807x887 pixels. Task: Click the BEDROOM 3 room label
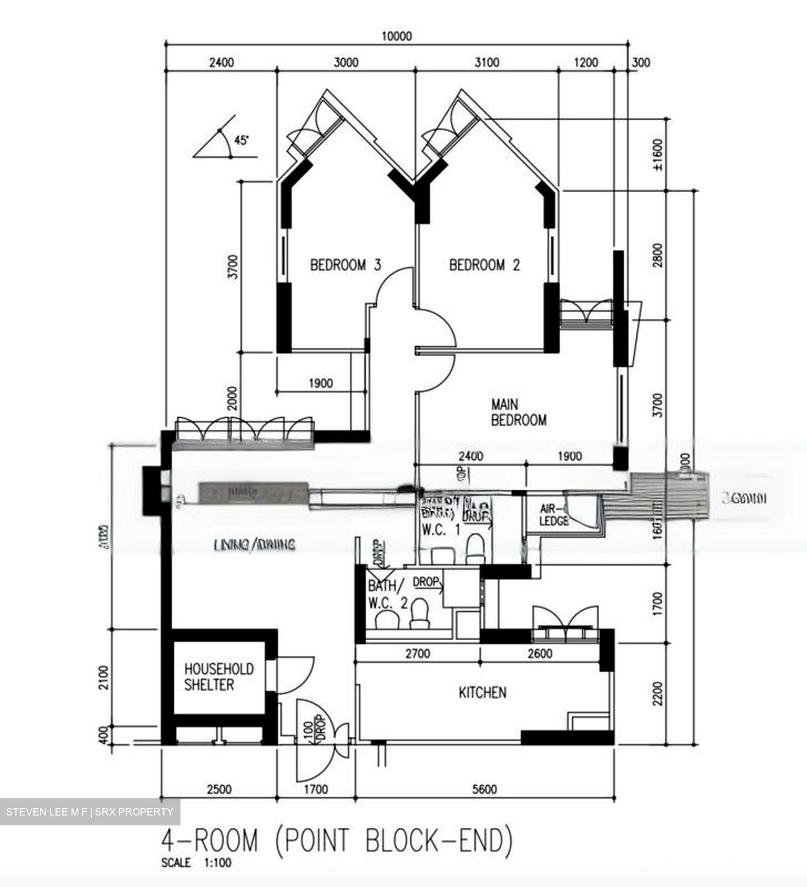pos(346,265)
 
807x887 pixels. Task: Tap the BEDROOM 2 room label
pos(484,265)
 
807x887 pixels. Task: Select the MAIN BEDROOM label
pos(518,413)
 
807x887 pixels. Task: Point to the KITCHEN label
pos(482,693)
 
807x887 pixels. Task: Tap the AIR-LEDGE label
pos(553,515)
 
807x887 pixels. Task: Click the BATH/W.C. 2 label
pos(387,594)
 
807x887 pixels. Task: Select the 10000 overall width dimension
pos(396,36)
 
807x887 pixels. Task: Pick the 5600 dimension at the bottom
pos(484,789)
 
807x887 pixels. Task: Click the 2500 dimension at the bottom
pos(219,789)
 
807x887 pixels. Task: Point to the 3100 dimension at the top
pos(487,62)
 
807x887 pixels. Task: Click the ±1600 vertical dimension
pos(657,155)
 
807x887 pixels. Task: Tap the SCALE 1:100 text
pos(196,864)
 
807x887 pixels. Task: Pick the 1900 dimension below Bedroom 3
pos(320,383)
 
